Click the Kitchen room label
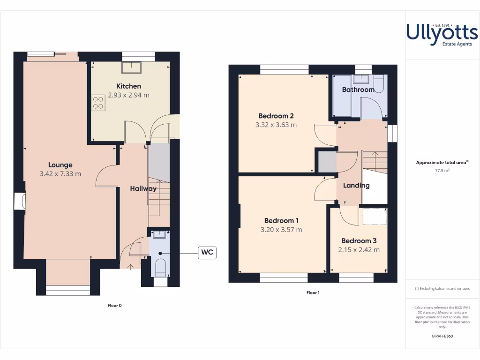pyautogui.click(x=128, y=86)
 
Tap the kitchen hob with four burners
pyautogui.click(x=99, y=103)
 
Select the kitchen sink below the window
pyautogui.click(x=132, y=67)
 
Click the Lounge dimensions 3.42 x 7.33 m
pyautogui.click(x=60, y=174)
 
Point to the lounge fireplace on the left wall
pyautogui.click(x=20, y=201)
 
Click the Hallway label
pyautogui.click(x=143, y=188)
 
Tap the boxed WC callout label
pyautogui.click(x=207, y=253)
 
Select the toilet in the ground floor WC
pyautogui.click(x=160, y=268)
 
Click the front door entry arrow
pyautogui.click(x=130, y=267)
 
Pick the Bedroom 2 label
pyautogui.click(x=276, y=116)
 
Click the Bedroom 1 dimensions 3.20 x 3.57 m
pyautogui.click(x=281, y=230)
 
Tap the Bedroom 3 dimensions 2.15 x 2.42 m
pyautogui.click(x=359, y=250)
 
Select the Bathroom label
pyautogui.click(x=358, y=90)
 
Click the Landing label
pyautogui.click(x=356, y=185)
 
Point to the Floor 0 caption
pyautogui.click(x=114, y=306)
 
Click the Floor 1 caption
pyautogui.click(x=313, y=292)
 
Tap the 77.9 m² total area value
pyautogui.click(x=442, y=171)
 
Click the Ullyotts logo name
pyautogui.click(x=442, y=32)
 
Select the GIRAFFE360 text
pyautogui.click(x=442, y=336)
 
